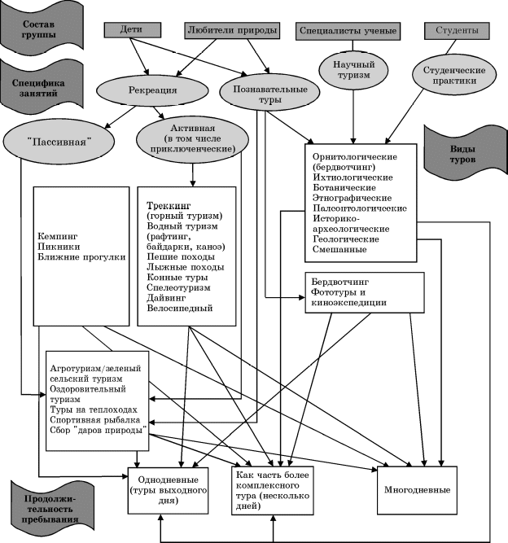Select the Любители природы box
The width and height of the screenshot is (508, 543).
click(232, 29)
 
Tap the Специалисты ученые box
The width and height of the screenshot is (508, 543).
click(348, 32)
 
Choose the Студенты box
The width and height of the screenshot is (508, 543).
click(457, 31)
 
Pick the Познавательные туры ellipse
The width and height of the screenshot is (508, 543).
click(269, 94)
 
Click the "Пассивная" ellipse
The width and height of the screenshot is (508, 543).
click(57, 141)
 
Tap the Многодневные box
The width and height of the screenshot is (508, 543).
click(417, 490)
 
